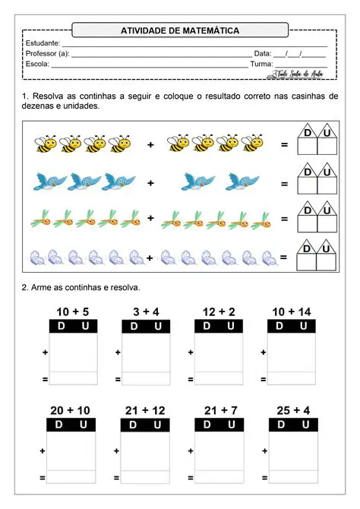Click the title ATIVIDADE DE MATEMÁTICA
tap(180, 30)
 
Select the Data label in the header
tap(261, 54)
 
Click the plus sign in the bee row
tap(150, 144)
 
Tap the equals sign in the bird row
tap(284, 184)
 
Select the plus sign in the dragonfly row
tap(150, 219)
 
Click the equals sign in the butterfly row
tap(284, 258)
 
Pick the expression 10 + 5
tap(73, 312)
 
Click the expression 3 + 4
tap(145, 312)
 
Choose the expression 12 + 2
tap(219, 312)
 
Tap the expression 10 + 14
tap(292, 312)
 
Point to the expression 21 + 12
tap(145, 410)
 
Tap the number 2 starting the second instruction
tap(24, 287)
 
